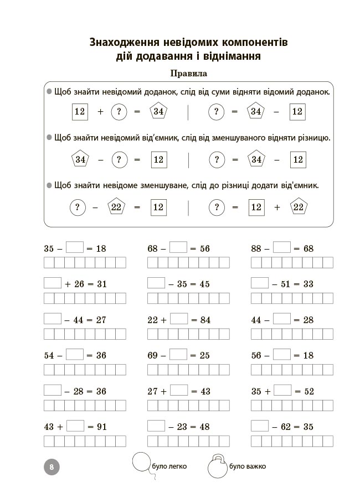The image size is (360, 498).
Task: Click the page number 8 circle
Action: pos(51,466)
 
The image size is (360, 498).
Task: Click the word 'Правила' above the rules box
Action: pos(189,73)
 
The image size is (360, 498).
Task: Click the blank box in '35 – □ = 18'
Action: pos(75,248)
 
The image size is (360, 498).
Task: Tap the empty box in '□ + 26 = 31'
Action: pos(53,283)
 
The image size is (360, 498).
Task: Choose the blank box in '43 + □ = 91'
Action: pos(75,426)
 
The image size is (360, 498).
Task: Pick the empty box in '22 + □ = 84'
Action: pos(179,319)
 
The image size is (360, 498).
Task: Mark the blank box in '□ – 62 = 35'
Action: pos(260,426)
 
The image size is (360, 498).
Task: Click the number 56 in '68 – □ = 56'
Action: pos(204,248)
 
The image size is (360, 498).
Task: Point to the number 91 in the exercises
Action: pos(101,427)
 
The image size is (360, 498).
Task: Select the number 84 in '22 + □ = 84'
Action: pos(204,320)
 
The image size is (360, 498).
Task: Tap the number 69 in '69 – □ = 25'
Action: pos(153,355)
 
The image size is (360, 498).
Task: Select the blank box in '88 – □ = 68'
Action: pos(282,248)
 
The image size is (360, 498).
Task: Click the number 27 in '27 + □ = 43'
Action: pos(153,391)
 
